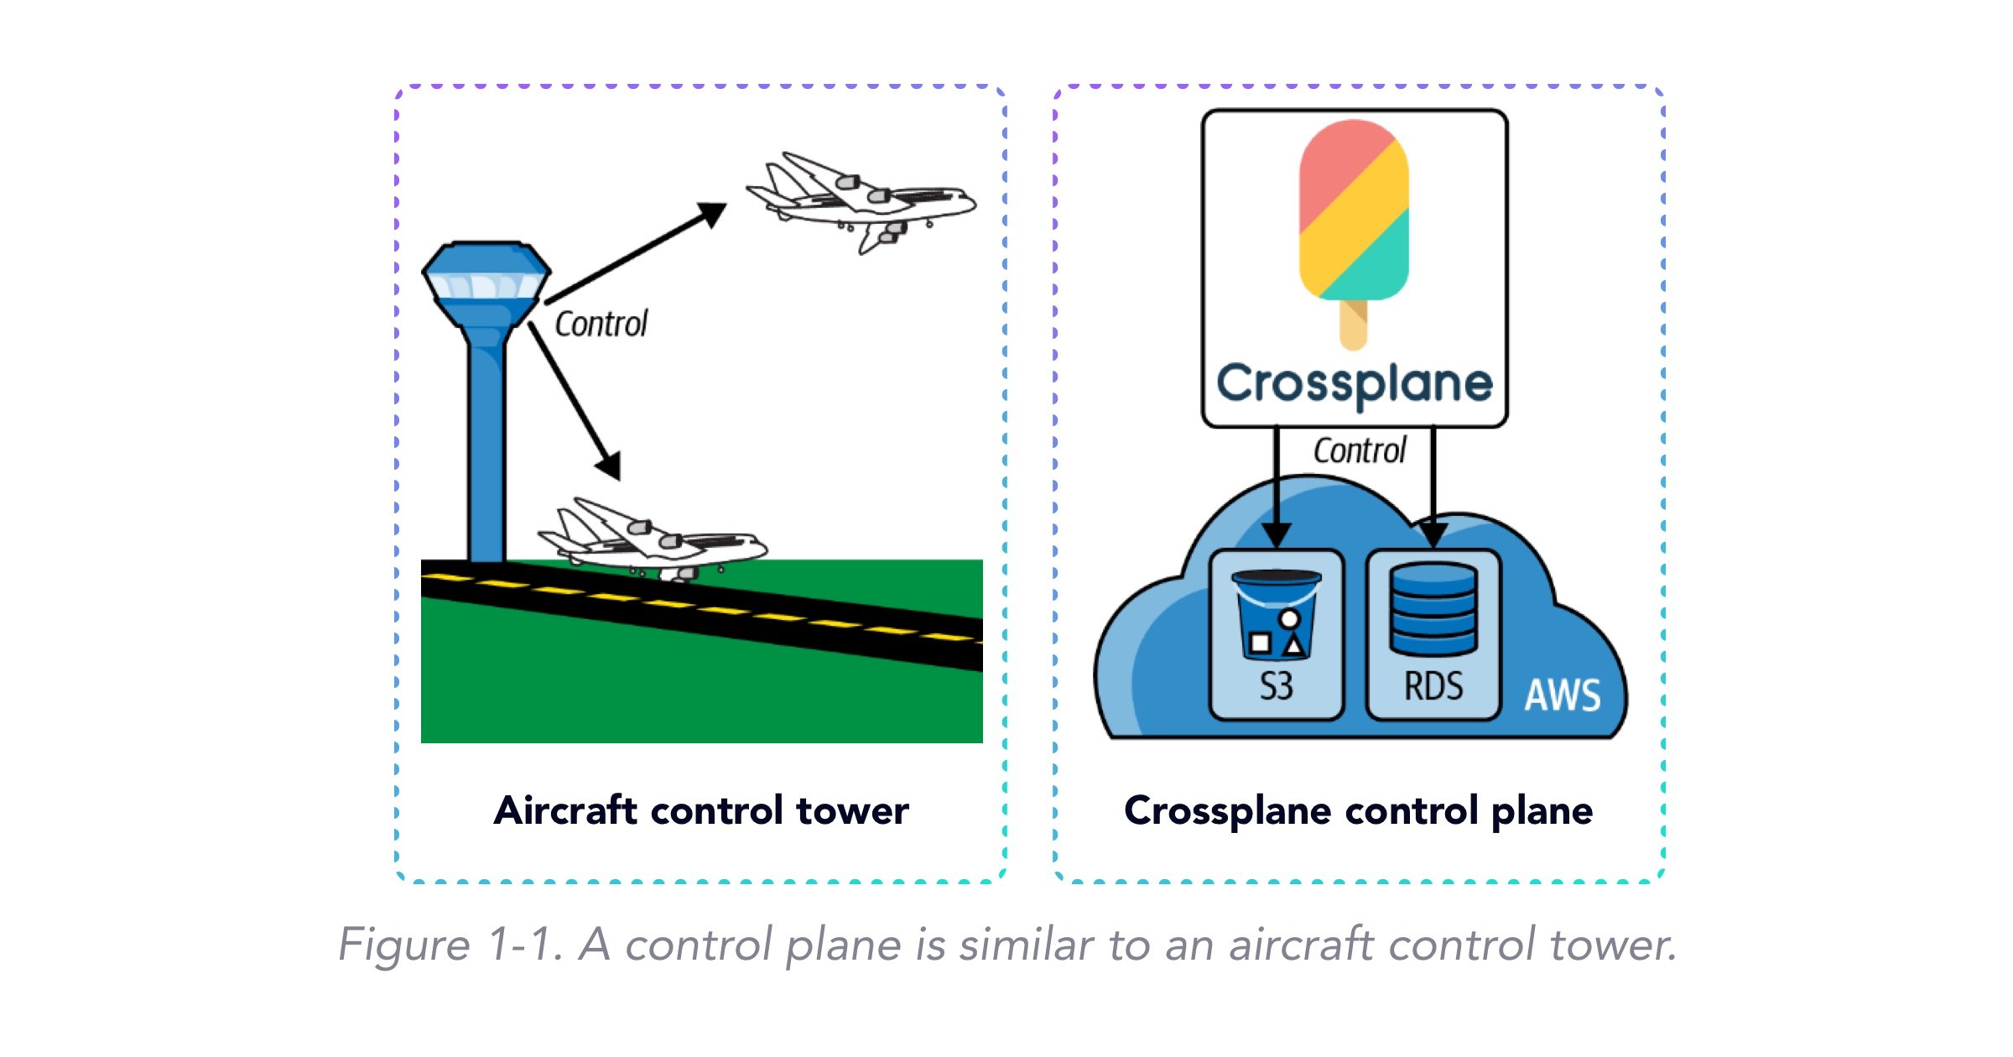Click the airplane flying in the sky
(861, 202)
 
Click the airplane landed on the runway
(653, 539)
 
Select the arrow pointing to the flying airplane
(636, 252)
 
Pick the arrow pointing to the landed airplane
(575, 401)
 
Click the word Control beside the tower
(601, 324)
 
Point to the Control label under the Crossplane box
(1360, 450)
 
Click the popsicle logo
(1354, 234)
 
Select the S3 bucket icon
(1276, 613)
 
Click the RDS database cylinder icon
(1433, 609)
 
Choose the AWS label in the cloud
(1563, 695)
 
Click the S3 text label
(1276, 686)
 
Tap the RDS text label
(1433, 686)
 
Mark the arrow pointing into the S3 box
(1277, 487)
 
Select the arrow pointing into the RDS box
(1433, 487)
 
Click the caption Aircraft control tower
(701, 810)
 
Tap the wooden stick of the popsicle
(1354, 325)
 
